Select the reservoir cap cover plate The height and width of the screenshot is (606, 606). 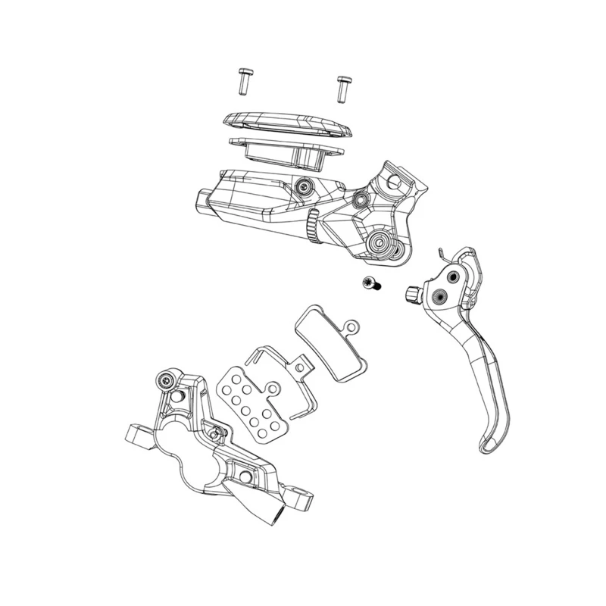pos(283,124)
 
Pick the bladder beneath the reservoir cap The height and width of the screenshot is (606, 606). pos(284,152)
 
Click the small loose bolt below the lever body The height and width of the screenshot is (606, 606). pos(371,284)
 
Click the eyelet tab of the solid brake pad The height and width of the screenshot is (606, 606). pos(351,326)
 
